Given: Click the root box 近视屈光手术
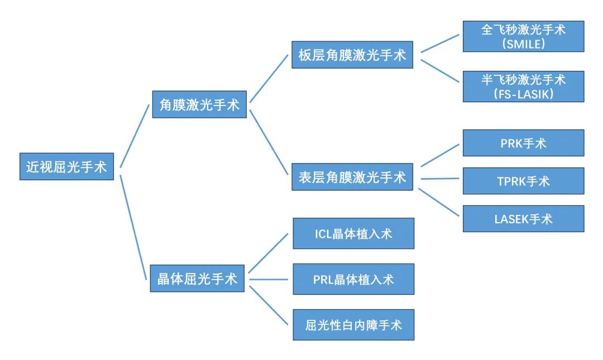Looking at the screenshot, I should (66, 166).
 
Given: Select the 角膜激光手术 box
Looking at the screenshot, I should (199, 104).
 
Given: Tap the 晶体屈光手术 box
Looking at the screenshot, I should (197, 278).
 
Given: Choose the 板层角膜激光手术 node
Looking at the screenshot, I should (352, 55).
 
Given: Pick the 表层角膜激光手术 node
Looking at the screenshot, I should (352, 177).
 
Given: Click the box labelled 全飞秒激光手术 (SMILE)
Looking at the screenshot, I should (523, 36).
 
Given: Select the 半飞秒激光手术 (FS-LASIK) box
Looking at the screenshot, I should (523, 87).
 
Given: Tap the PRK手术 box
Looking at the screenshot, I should (523, 143).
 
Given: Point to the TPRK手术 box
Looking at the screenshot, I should (523, 181).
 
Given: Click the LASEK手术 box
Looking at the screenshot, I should (523, 219).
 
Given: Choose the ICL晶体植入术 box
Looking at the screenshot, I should (353, 233).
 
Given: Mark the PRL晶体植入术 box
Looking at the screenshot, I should (353, 279).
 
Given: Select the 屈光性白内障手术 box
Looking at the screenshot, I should (353, 325).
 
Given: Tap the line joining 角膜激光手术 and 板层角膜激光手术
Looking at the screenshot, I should (270, 78).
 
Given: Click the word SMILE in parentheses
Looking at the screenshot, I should (524, 44).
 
